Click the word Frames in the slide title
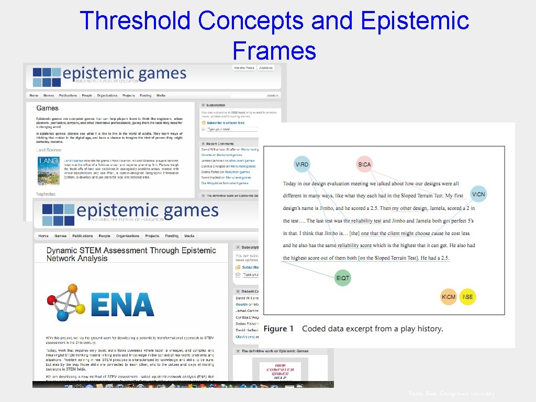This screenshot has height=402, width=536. (x=274, y=51)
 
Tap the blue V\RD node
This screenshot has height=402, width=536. (x=302, y=165)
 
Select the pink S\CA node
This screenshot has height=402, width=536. (x=364, y=165)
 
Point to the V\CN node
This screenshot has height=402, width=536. (x=478, y=195)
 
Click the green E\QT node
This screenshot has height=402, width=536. (x=343, y=278)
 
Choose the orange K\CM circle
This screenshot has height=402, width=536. (x=449, y=297)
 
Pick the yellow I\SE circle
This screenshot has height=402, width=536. (x=467, y=297)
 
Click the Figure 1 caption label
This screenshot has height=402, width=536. (x=278, y=329)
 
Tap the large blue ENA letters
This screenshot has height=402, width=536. (x=122, y=304)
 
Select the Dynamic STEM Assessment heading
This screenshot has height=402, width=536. (x=131, y=254)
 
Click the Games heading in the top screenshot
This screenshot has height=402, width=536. (x=47, y=108)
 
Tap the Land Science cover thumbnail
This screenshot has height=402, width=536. (x=49, y=170)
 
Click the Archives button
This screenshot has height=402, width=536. (x=266, y=68)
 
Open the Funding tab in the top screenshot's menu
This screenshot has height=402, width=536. (x=146, y=96)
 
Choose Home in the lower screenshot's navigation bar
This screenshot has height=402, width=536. (x=43, y=236)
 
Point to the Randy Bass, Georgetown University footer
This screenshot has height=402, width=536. (x=451, y=394)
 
